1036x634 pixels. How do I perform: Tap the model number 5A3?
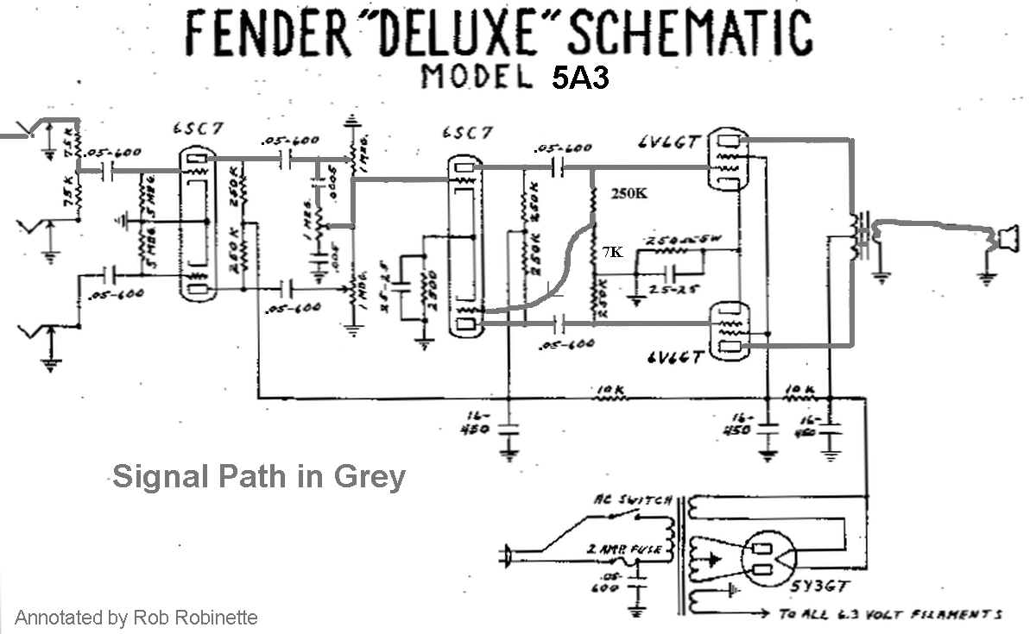click(580, 78)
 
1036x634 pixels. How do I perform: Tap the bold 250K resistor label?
click(629, 193)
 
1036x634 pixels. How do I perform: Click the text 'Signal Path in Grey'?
click(258, 475)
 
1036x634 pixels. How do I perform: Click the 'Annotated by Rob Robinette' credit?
click(136, 618)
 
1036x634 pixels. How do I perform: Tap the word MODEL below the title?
click(476, 78)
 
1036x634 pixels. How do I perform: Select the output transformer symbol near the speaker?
click(858, 235)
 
